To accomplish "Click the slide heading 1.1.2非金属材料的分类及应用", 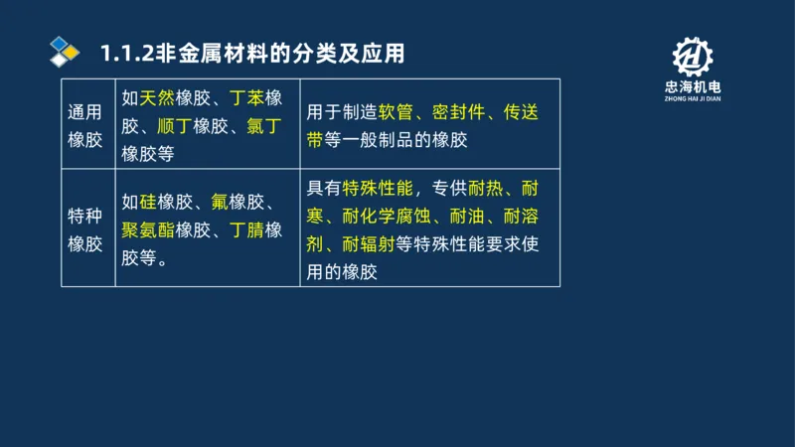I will [x=252, y=52].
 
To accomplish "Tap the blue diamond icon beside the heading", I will [x=66, y=52].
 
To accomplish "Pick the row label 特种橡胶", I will [x=85, y=230].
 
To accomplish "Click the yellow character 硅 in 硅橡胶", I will [x=148, y=203].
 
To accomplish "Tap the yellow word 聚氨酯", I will [x=148, y=230].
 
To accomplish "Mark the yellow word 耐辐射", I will [x=369, y=243].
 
